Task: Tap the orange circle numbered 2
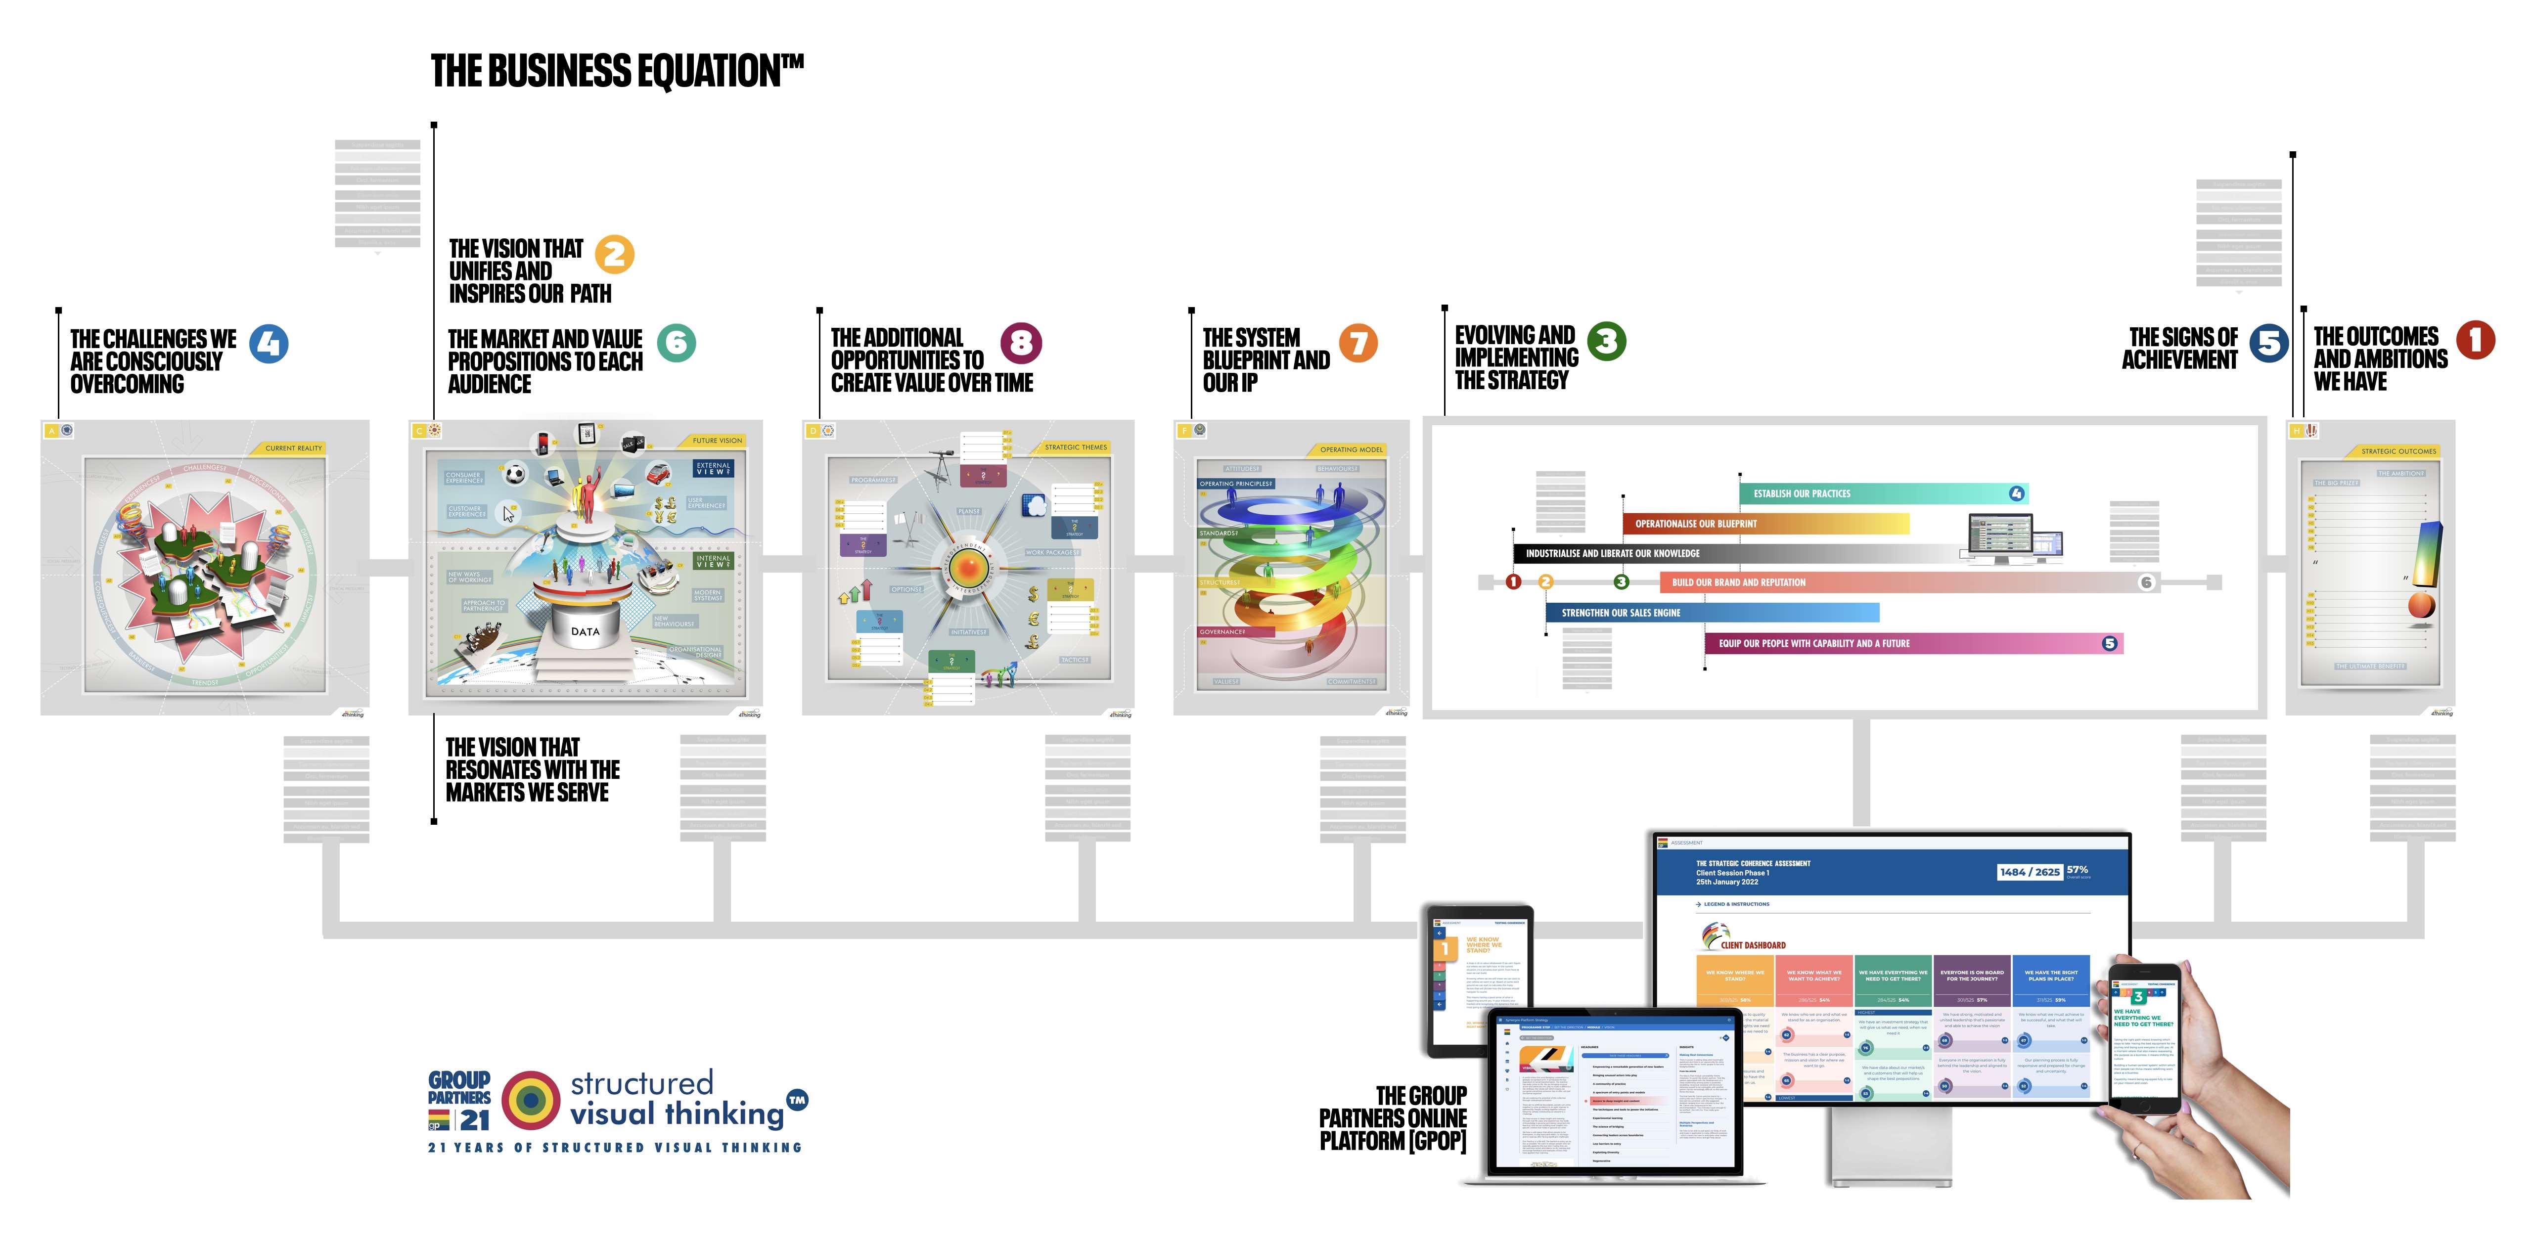click(614, 255)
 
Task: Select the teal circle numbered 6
click(676, 343)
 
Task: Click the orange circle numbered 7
click(1358, 343)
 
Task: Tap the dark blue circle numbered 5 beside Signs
click(2268, 343)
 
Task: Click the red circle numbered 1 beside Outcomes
click(2475, 340)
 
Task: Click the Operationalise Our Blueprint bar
click(1764, 524)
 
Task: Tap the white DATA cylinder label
click(585, 632)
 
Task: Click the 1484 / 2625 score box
click(2030, 872)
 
